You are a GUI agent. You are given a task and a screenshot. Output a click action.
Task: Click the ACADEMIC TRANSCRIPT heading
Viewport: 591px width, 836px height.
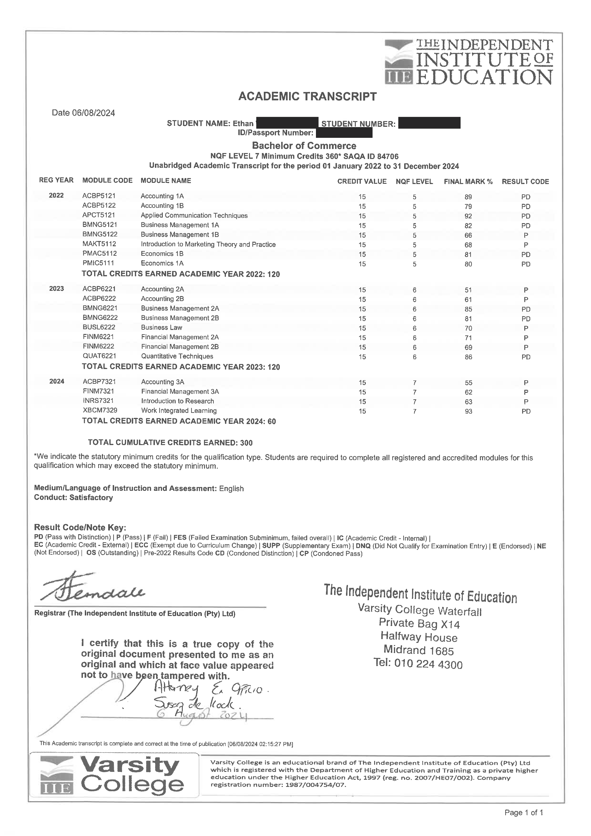coord(307,97)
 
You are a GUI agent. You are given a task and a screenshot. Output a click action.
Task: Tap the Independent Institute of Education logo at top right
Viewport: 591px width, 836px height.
coord(469,62)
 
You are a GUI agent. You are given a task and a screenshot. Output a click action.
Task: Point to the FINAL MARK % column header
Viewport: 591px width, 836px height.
coord(468,181)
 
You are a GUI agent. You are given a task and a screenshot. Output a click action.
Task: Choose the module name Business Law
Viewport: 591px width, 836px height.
coord(162,327)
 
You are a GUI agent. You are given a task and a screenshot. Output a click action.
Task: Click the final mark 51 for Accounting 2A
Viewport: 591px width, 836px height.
coord(468,290)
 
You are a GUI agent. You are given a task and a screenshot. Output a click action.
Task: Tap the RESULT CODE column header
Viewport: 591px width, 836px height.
coord(525,181)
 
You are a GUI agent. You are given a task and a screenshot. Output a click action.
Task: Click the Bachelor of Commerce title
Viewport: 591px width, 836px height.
coord(304,146)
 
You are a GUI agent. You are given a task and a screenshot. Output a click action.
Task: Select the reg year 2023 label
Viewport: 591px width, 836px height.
coord(56,289)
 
